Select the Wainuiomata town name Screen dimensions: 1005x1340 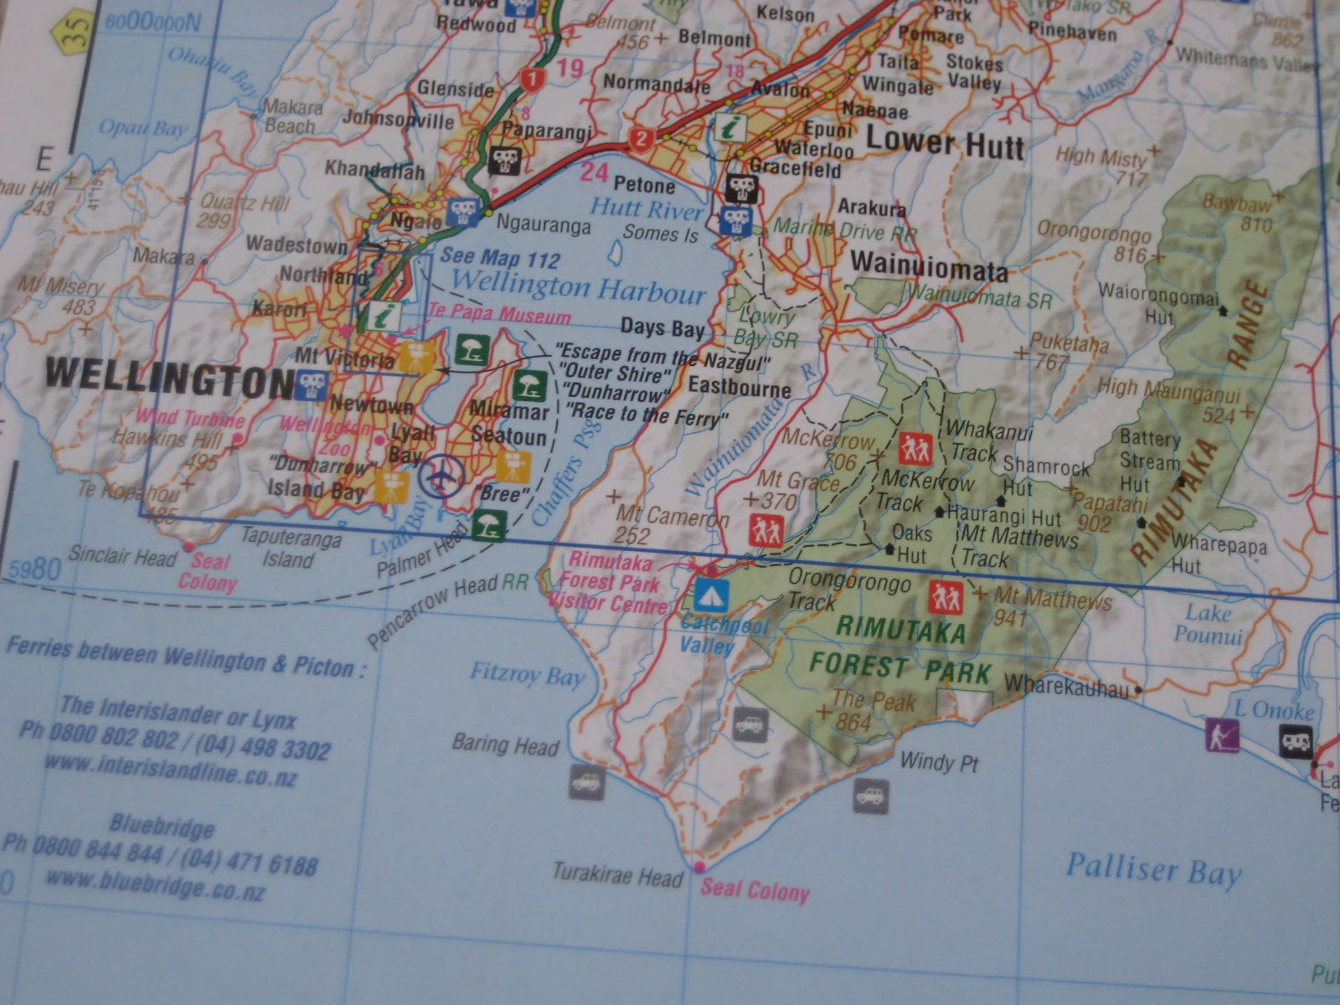pos(929,266)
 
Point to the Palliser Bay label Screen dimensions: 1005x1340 pos(1152,870)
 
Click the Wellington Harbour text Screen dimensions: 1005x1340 pos(577,287)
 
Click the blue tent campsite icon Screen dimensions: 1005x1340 pos(712,596)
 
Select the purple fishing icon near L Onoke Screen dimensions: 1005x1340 pos(1222,734)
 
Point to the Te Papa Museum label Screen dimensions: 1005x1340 pos(499,316)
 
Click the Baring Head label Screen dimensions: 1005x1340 pos(504,744)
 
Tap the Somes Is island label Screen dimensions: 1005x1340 pos(660,234)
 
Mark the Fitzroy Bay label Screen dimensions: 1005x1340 pos(526,673)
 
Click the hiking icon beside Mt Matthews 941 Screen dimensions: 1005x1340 pos(946,598)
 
